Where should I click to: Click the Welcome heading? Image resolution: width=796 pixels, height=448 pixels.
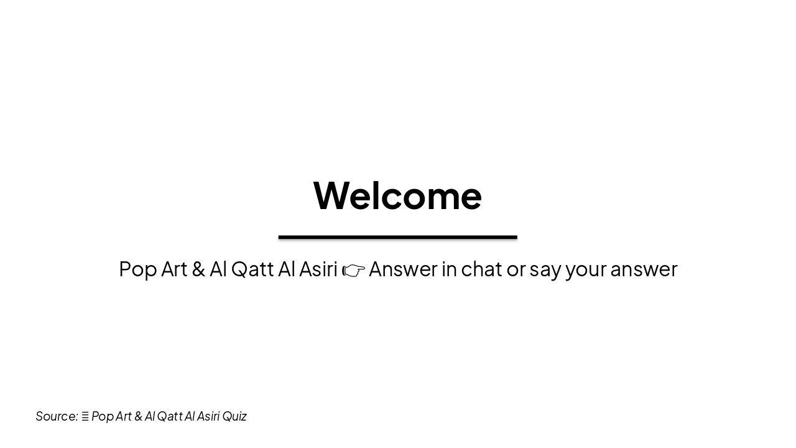pyautogui.click(x=397, y=195)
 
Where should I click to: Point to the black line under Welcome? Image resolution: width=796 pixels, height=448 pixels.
pyautogui.click(x=397, y=237)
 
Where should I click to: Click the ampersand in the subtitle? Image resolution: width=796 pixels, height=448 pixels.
pyautogui.click(x=198, y=269)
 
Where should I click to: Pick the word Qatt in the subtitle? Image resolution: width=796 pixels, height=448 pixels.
pyautogui.click(x=252, y=269)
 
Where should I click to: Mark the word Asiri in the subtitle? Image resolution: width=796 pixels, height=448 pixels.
pyautogui.click(x=318, y=269)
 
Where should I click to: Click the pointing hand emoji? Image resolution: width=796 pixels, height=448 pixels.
pyautogui.click(x=353, y=271)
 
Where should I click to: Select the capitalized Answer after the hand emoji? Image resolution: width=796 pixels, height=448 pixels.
pyautogui.click(x=403, y=269)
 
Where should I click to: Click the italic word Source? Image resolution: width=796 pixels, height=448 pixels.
pyautogui.click(x=57, y=416)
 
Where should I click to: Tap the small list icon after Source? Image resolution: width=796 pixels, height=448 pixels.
pyautogui.click(x=85, y=416)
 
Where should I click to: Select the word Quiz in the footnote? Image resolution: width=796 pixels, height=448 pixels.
pyautogui.click(x=234, y=416)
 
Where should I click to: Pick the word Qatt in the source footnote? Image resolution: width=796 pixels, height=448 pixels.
pyautogui.click(x=169, y=416)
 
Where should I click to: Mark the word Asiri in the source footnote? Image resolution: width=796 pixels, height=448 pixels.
pyautogui.click(x=208, y=416)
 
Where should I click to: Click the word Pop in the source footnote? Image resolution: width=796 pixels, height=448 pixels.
pyautogui.click(x=103, y=416)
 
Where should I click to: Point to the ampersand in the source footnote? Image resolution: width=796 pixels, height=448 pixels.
pyautogui.click(x=138, y=416)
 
